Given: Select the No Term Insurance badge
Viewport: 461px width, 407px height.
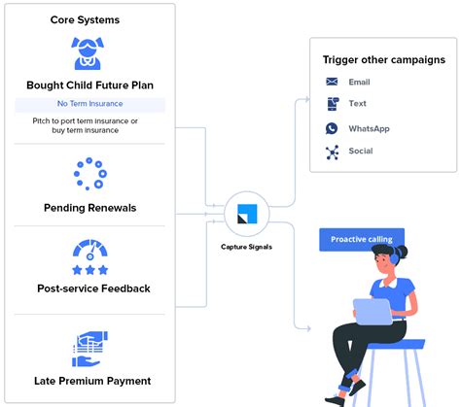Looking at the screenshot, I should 89,104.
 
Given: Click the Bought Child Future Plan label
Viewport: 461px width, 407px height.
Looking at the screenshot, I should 89,85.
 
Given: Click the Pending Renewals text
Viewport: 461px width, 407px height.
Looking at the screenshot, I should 89,208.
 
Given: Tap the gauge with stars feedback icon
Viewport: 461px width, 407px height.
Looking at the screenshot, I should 89,256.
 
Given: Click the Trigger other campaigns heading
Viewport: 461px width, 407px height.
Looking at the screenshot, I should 383,59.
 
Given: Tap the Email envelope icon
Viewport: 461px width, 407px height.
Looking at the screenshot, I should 332,83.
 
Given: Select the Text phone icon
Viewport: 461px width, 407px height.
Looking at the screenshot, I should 332,104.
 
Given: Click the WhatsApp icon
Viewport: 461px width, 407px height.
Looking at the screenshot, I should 332,128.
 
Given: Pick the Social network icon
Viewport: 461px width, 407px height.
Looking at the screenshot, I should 332,152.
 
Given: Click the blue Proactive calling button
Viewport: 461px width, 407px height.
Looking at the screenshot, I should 361,239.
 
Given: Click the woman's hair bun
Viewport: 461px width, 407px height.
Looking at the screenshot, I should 402,252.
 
